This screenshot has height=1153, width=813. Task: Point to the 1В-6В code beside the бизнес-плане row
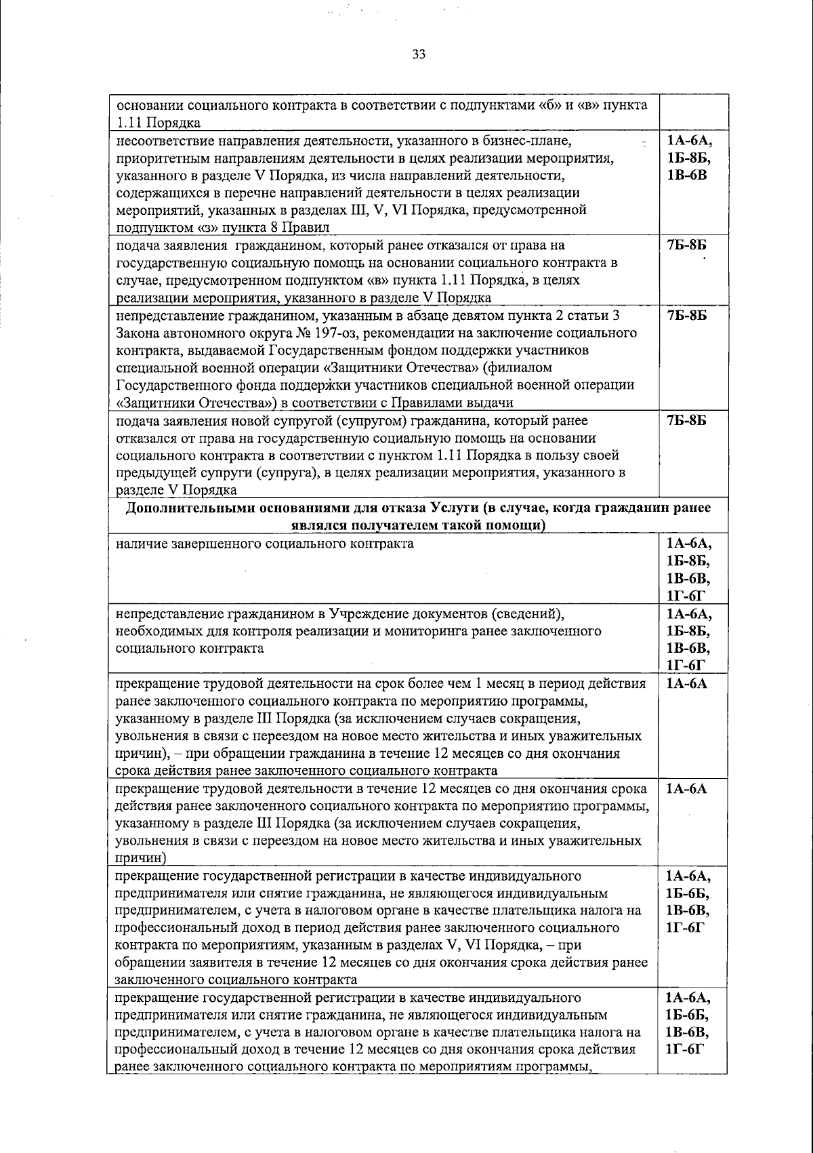point(688,176)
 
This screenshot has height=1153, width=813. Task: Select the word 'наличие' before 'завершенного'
point(138,544)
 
